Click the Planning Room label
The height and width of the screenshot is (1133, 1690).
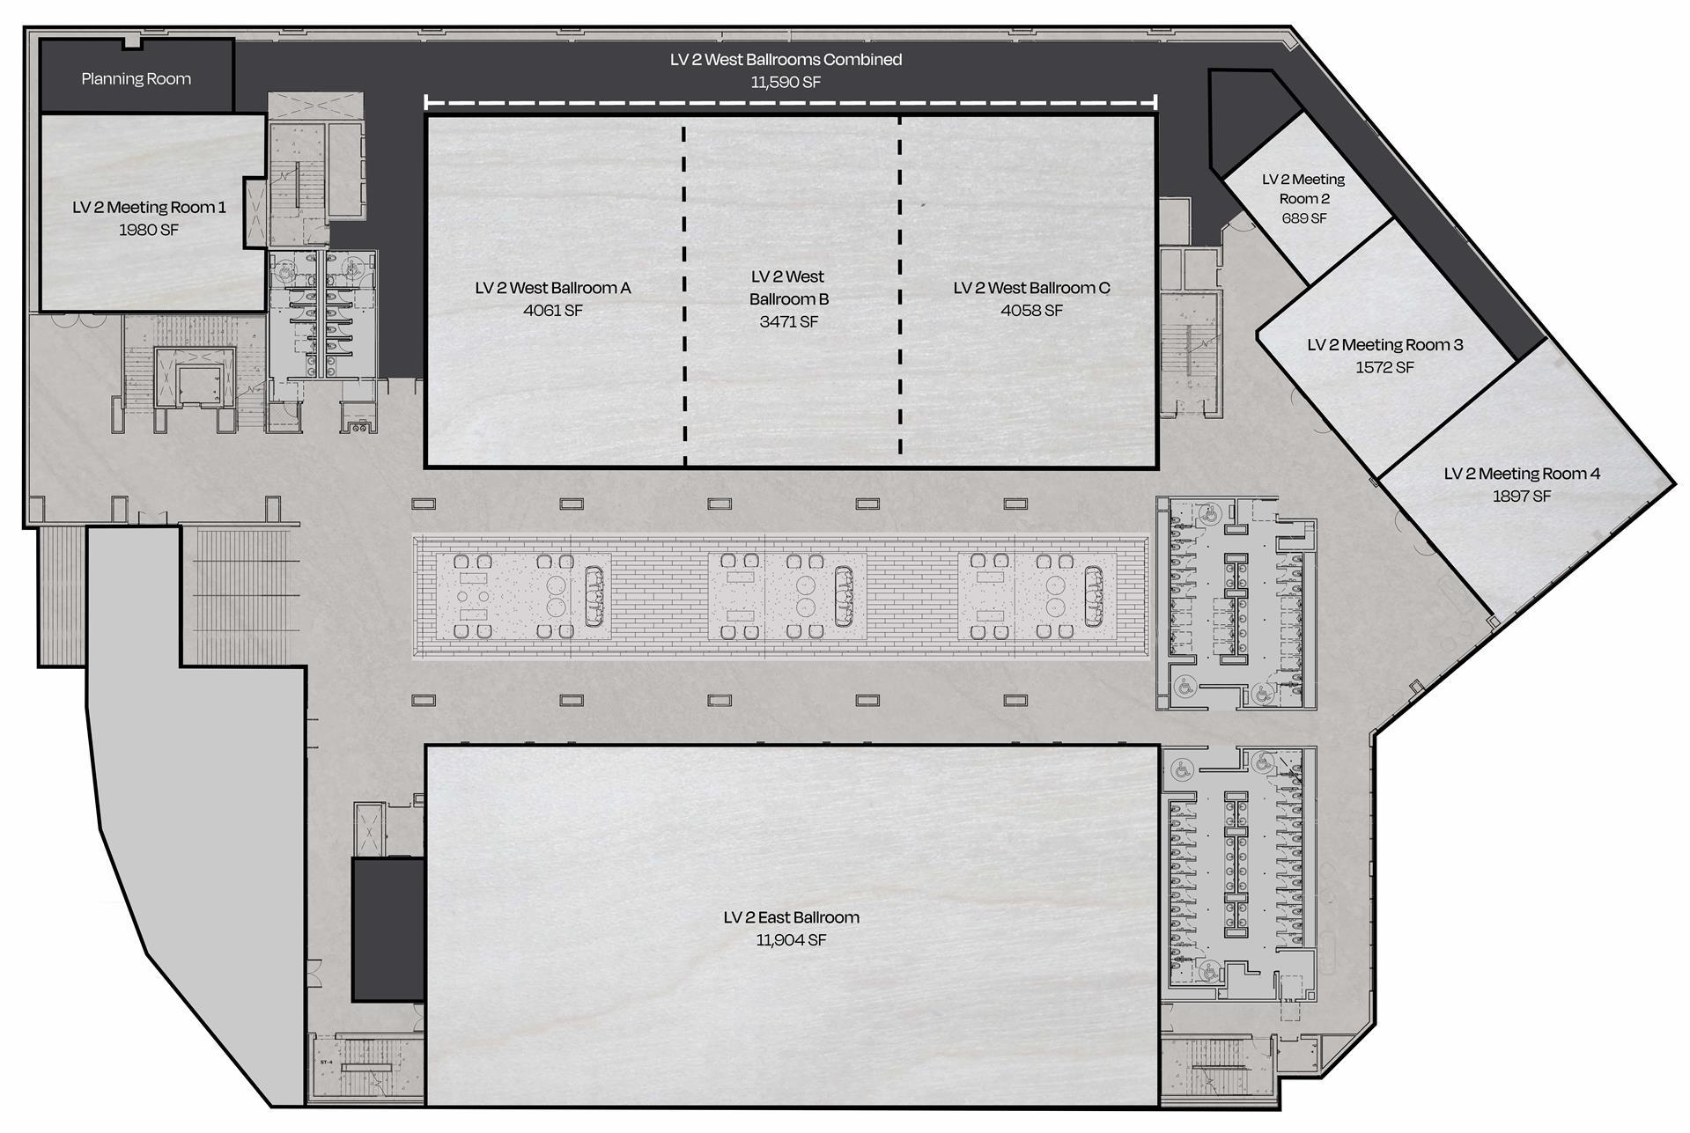137,79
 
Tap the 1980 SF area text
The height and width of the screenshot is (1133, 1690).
149,230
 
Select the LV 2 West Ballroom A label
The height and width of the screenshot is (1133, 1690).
553,288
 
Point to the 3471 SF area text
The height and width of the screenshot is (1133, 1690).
789,322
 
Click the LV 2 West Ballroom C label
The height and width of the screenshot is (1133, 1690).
1031,288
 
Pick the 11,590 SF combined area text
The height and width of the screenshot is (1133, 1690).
786,83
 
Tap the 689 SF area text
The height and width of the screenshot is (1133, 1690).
1304,218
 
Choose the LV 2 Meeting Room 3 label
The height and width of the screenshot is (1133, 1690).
1385,345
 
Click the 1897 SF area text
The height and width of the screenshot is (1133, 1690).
1522,497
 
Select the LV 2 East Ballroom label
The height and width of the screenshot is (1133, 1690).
791,917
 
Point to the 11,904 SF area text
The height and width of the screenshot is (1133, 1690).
791,940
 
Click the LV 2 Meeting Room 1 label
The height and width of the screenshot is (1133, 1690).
149,208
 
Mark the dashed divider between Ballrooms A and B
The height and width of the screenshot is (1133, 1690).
684,291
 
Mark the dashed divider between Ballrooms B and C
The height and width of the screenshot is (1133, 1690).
899,291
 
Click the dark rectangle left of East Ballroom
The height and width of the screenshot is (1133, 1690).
388,930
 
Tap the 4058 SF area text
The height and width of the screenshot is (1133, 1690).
1031,311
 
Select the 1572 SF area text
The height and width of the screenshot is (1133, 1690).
1385,368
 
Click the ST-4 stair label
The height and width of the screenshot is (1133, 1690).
325,1063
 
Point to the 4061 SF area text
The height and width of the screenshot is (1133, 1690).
553,311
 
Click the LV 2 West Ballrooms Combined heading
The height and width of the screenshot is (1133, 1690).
786,60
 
